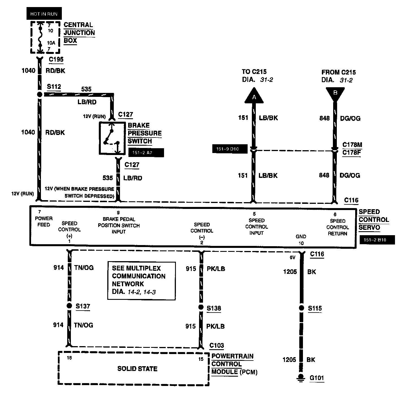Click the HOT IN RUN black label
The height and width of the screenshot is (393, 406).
pyautogui.click(x=44, y=14)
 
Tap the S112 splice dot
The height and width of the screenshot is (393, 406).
pyautogui.click(x=40, y=94)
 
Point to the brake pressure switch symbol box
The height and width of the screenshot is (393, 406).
pyautogui.click(x=112, y=138)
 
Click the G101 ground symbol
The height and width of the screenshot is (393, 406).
pyautogui.click(x=301, y=378)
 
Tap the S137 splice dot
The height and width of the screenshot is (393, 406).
pyautogui.click(x=69, y=306)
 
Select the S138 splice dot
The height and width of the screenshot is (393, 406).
pyautogui.click(x=201, y=307)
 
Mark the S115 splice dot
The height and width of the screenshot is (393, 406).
pyautogui.click(x=302, y=308)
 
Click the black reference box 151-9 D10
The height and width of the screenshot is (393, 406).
pyautogui.click(x=230, y=149)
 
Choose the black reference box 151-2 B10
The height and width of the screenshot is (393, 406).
pyautogui.click(x=377, y=240)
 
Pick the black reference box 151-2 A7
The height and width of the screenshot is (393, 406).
pyautogui.click(x=146, y=153)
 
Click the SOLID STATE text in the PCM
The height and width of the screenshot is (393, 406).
pyautogui.click(x=137, y=368)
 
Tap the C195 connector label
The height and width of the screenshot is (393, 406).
pyautogui.click(x=56, y=60)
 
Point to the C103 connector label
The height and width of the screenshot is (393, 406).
pyautogui.click(x=217, y=345)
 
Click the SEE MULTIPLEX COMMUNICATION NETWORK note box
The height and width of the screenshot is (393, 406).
pyautogui.click(x=141, y=280)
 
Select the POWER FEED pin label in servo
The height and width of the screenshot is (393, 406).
pyautogui.click(x=44, y=221)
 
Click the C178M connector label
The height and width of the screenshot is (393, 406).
pyautogui.click(x=352, y=145)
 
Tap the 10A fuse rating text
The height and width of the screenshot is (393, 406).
pyautogui.click(x=51, y=43)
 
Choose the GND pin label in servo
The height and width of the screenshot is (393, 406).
pyautogui.click(x=301, y=237)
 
